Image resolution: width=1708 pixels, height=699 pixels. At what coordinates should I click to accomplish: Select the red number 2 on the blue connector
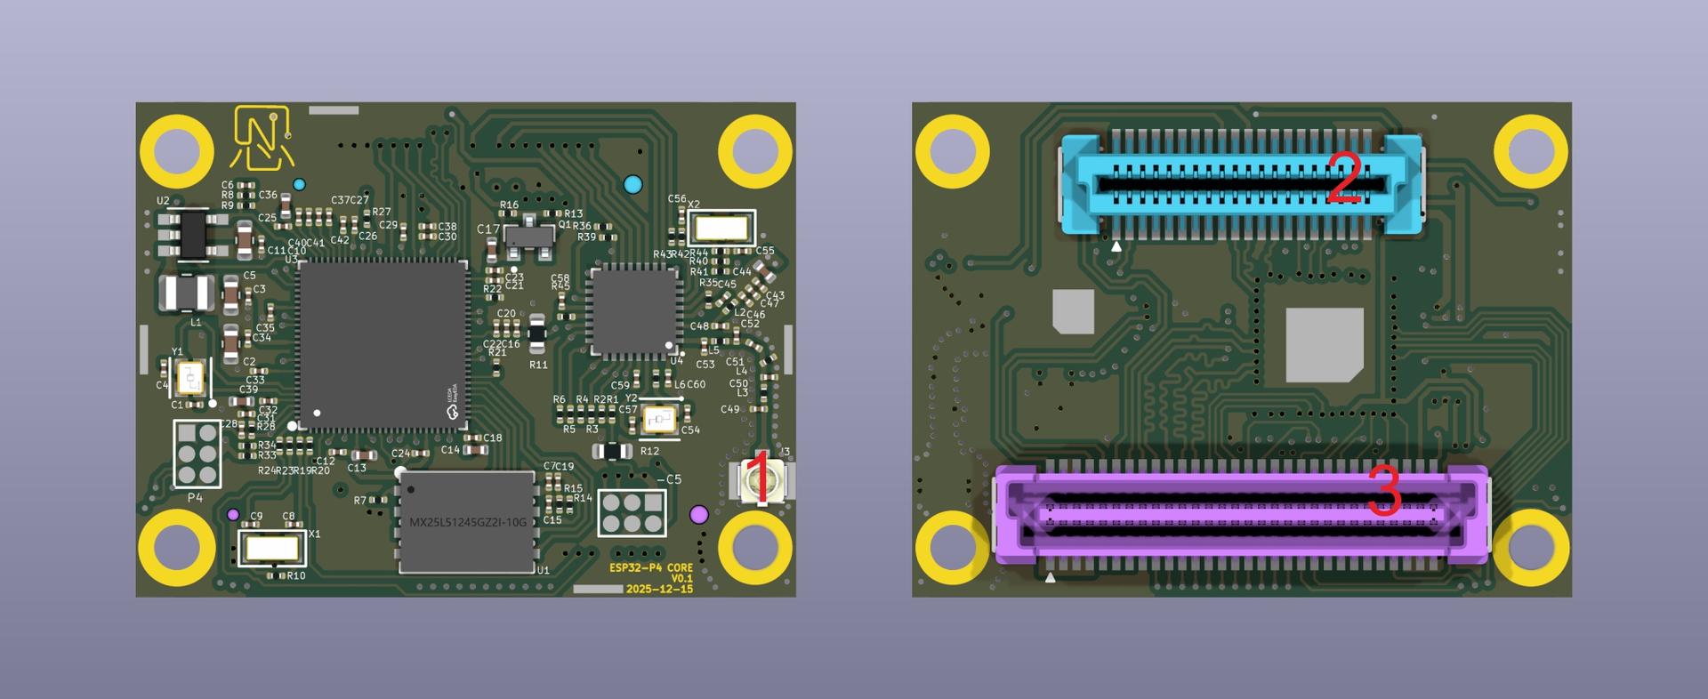click(1344, 178)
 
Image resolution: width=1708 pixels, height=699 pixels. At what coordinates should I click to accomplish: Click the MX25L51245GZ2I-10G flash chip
click(467, 522)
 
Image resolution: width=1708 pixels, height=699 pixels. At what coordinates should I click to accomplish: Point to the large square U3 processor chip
click(383, 345)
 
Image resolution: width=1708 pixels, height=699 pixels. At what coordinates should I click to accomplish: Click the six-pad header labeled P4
click(197, 454)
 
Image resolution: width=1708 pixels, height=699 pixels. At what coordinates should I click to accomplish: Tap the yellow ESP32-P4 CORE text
click(650, 567)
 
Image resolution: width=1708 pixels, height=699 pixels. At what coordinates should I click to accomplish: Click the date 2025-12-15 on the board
click(658, 590)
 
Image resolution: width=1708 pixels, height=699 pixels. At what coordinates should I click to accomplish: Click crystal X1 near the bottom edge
click(272, 548)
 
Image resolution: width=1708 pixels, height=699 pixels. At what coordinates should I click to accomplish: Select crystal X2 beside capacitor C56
click(721, 229)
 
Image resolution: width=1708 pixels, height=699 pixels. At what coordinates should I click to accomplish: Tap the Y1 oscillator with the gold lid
click(191, 379)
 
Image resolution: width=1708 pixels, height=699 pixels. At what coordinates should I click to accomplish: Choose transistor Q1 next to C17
click(528, 236)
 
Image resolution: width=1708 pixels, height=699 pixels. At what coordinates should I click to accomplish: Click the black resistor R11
click(537, 333)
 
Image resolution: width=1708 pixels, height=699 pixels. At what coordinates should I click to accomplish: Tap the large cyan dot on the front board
click(632, 185)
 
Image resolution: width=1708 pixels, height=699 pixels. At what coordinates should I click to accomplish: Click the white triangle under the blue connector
click(1116, 246)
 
